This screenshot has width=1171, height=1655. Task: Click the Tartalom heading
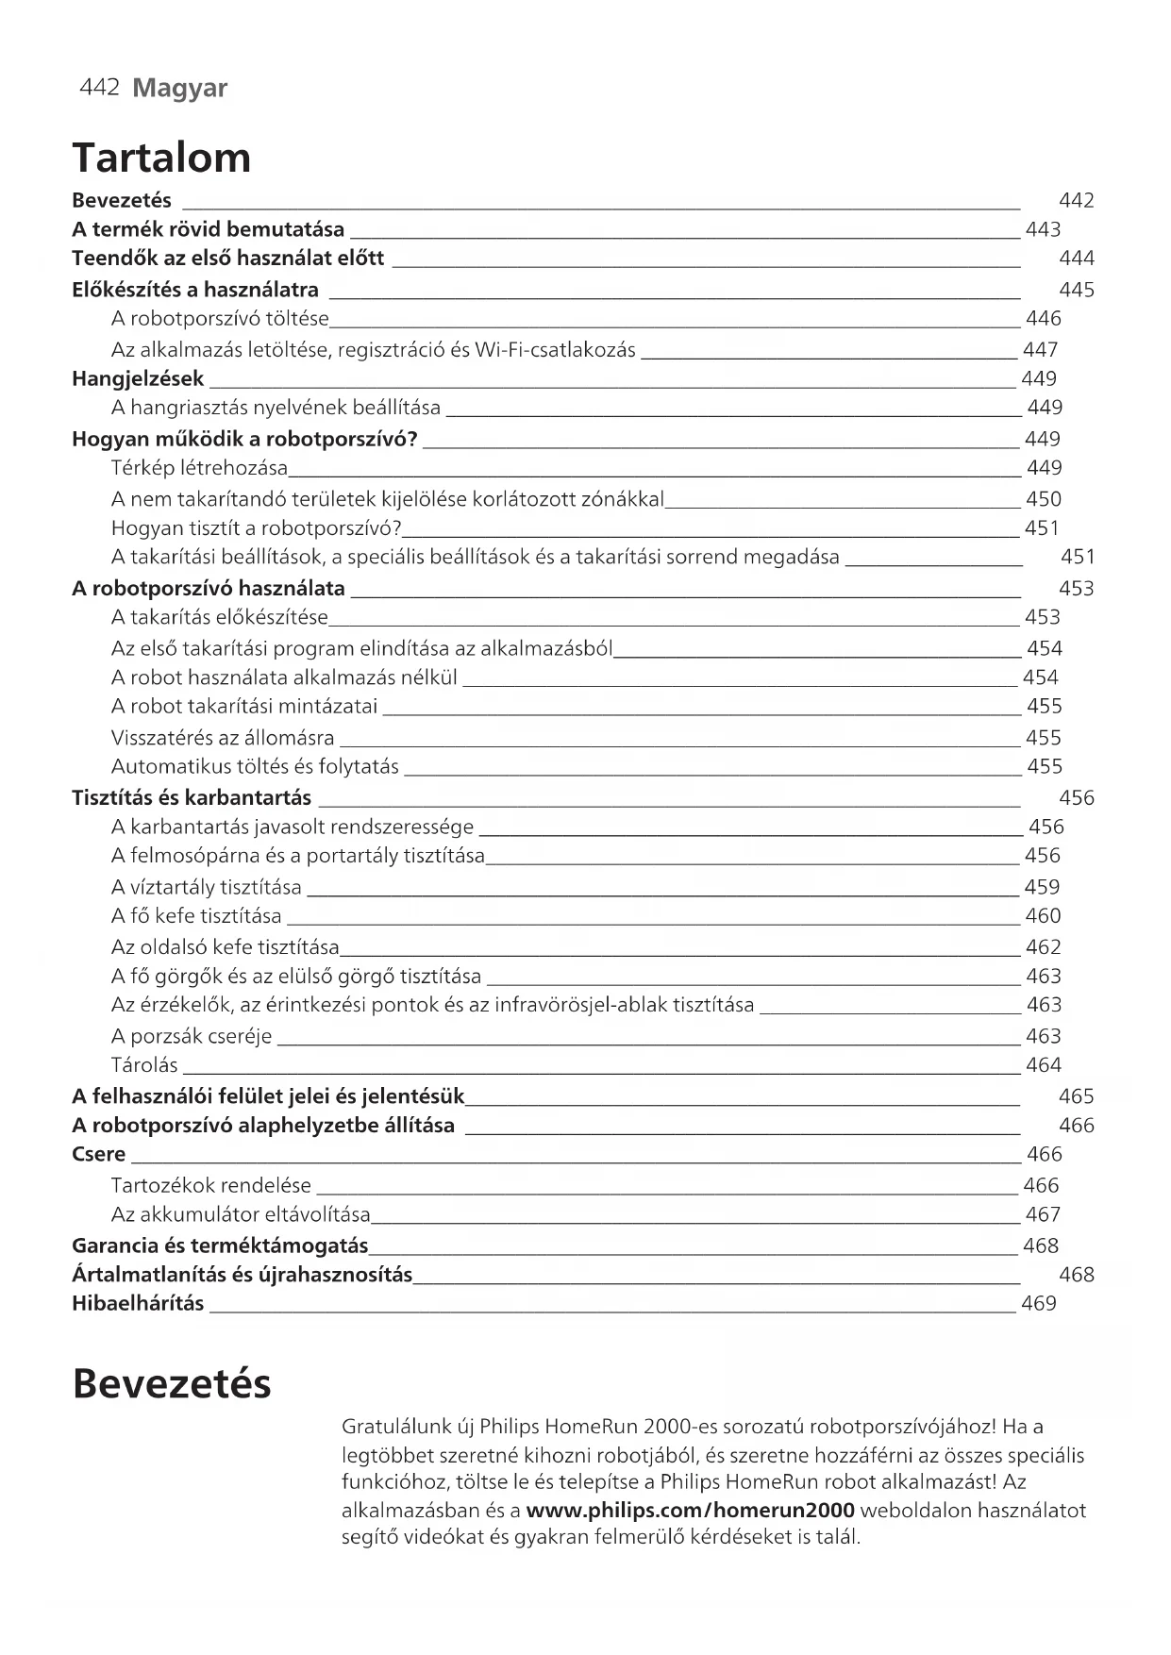pyautogui.click(x=161, y=158)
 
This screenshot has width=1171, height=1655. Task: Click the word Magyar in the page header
pyautogui.click(x=179, y=89)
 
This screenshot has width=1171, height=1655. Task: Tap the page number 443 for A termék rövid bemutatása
pyautogui.click(x=1043, y=229)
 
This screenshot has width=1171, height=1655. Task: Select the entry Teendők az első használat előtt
pyautogui.click(x=227, y=259)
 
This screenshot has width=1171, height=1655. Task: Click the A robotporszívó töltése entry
pyautogui.click(x=220, y=319)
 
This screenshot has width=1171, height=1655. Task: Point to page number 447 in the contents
pyautogui.click(x=1040, y=350)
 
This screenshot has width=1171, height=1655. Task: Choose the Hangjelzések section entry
pyautogui.click(x=138, y=379)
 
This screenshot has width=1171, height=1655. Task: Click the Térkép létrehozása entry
pyautogui.click(x=199, y=468)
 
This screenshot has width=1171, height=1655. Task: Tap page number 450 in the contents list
pyautogui.click(x=1043, y=499)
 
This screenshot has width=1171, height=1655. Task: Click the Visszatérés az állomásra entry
pyautogui.click(x=223, y=738)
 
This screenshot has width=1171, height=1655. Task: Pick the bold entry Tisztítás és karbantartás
pyautogui.click(x=192, y=798)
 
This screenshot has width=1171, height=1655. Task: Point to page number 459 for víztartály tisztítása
pyautogui.click(x=1042, y=887)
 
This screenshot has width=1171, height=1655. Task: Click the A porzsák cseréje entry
pyautogui.click(x=192, y=1036)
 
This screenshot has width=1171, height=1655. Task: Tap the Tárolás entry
pyautogui.click(x=144, y=1065)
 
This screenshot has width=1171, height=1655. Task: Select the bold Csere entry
pyautogui.click(x=99, y=1155)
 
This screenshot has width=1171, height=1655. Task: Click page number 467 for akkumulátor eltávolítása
pyautogui.click(x=1043, y=1214)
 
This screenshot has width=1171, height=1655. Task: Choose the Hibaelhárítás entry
pyautogui.click(x=138, y=1304)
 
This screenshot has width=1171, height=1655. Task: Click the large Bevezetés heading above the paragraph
pyautogui.click(x=172, y=1384)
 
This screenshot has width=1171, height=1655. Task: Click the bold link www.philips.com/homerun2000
pyautogui.click(x=691, y=1511)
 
